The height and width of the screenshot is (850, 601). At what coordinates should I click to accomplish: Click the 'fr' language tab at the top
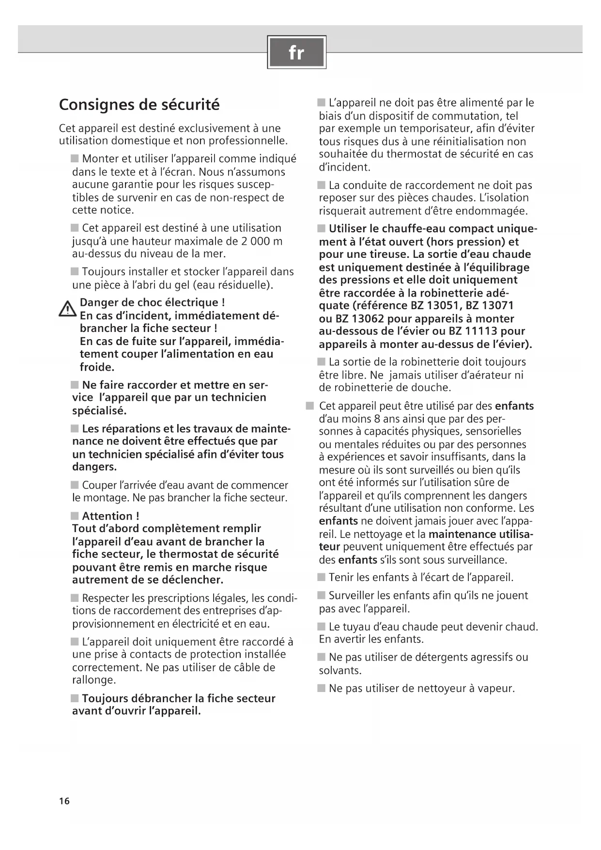(296, 52)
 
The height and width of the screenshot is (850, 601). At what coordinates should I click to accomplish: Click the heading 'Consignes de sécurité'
(139, 105)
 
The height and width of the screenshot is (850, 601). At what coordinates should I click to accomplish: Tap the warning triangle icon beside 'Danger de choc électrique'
(67, 309)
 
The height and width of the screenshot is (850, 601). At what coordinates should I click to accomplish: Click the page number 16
(64, 801)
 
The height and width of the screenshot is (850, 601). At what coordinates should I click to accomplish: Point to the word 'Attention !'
(110, 516)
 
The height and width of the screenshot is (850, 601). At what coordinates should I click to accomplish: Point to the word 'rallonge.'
(94, 680)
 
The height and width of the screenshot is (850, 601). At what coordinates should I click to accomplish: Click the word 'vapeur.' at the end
(497, 689)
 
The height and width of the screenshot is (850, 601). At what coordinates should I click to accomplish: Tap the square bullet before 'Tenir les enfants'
(322, 578)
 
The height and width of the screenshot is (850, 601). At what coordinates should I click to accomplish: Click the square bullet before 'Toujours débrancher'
(75, 698)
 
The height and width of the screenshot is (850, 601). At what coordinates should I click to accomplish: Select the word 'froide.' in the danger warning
(97, 367)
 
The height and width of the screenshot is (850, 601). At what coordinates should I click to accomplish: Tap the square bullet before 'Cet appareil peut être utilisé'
(310, 406)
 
